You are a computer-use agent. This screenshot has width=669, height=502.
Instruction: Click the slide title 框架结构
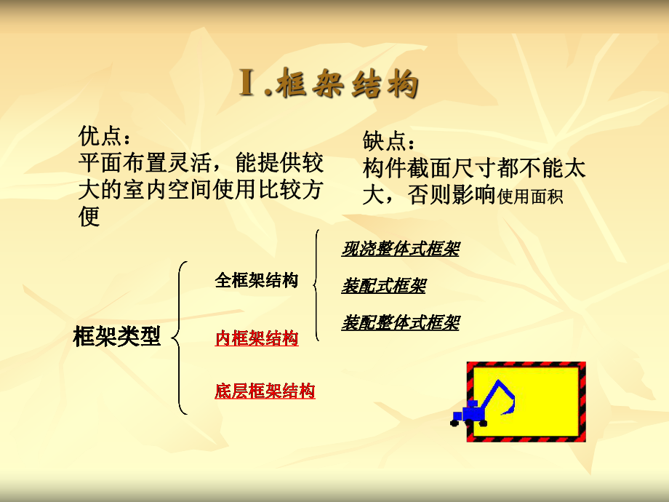click(350, 84)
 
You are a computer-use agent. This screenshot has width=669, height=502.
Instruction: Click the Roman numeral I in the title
click(248, 84)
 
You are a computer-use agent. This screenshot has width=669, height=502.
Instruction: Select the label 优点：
click(105, 135)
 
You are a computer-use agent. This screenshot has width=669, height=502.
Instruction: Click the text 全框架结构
click(256, 281)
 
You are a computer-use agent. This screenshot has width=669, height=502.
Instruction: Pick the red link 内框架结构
click(256, 338)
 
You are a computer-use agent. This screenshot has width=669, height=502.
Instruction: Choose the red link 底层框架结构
click(265, 391)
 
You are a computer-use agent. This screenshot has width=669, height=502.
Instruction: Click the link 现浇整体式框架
click(400, 250)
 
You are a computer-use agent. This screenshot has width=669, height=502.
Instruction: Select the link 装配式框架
click(383, 286)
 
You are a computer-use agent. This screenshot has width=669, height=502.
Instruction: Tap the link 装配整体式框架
click(400, 322)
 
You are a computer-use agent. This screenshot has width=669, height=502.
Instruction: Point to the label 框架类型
click(116, 337)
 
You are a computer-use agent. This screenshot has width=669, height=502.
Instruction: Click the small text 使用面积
click(530, 196)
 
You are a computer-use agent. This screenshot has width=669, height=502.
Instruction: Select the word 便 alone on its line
click(89, 217)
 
